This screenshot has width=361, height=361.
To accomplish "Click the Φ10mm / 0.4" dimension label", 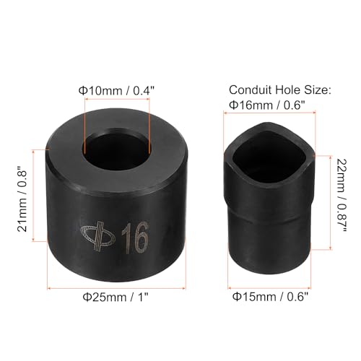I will click(x=116, y=91).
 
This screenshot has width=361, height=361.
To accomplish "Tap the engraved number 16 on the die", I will click(x=131, y=239).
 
